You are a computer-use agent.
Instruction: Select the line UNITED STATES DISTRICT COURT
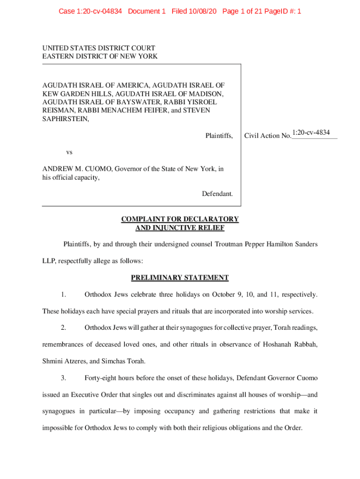click(x=99, y=48)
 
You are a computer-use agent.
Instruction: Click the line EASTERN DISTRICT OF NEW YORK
click(x=100, y=56)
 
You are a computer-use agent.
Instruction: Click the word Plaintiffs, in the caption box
click(x=219, y=136)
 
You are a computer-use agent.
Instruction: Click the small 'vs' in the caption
click(x=69, y=152)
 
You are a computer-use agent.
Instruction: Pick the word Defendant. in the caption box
click(x=217, y=194)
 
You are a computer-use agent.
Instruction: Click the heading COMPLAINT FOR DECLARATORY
click(x=180, y=219)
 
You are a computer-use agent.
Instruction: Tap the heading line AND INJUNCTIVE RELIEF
click(x=180, y=228)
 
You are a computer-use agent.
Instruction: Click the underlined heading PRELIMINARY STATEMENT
click(x=180, y=278)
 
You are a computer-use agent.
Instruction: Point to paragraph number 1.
click(x=64, y=295)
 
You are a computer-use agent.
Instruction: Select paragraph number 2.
click(x=64, y=327)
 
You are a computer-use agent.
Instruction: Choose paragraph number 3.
click(x=64, y=377)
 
